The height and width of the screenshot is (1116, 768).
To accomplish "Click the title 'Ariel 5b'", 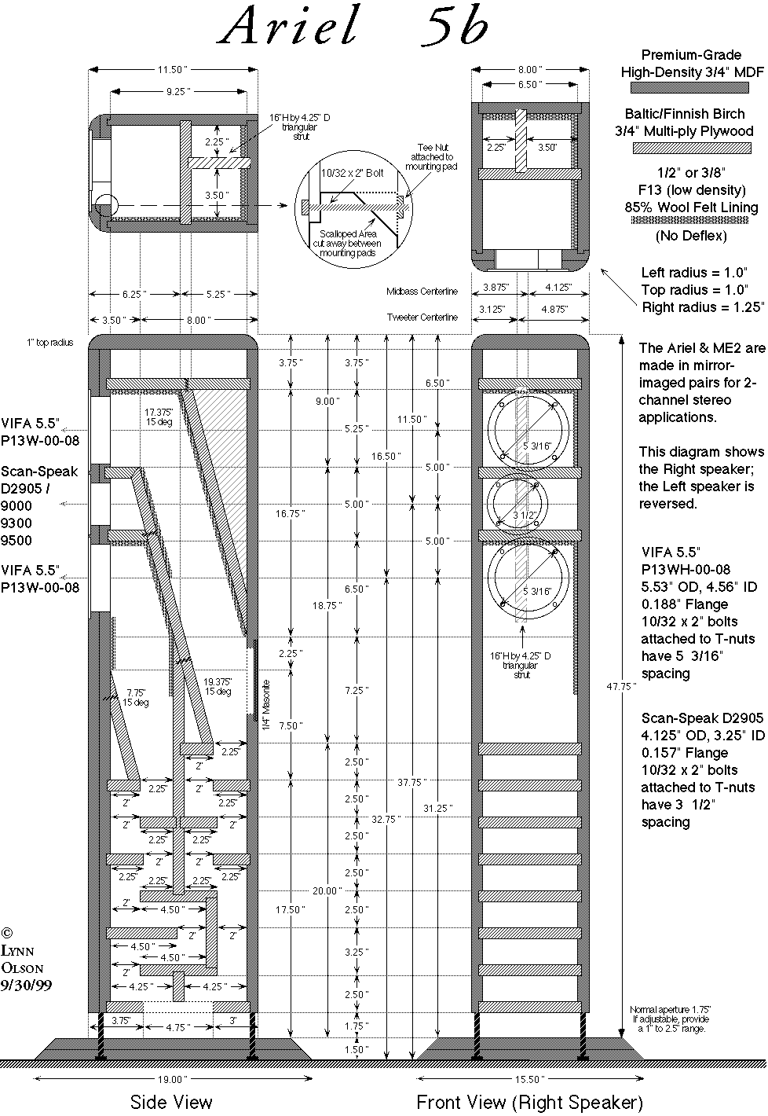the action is pos(354,25).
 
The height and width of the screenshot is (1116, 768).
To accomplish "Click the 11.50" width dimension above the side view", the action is pos(173,70).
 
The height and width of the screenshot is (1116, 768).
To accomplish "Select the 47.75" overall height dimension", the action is pos(621,686).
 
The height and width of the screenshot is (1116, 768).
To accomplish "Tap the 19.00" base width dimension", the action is pos(173,1079).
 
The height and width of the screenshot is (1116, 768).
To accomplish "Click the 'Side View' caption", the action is pos(171,1102).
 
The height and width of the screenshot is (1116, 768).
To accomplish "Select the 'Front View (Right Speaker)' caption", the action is pos(529,1102).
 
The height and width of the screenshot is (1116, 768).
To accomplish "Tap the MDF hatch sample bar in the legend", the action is pos(689,88).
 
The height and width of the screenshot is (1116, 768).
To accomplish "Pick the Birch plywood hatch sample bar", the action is pos(692,148).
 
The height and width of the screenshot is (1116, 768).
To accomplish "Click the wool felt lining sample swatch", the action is pos(692,221).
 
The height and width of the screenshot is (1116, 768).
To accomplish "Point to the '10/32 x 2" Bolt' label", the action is pos(353,173).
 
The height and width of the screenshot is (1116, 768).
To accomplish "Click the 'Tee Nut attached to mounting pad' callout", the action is pos(432,157).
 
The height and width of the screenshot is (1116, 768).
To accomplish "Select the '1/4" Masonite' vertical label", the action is pos(266,705).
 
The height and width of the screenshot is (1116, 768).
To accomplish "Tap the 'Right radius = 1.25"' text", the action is pos(702,307).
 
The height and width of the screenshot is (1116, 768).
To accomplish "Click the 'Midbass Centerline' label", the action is pos(422,292).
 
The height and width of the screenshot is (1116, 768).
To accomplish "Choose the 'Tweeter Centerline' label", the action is pos(422,318).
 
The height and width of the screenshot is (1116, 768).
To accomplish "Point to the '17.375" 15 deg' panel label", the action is pos(159,417).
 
